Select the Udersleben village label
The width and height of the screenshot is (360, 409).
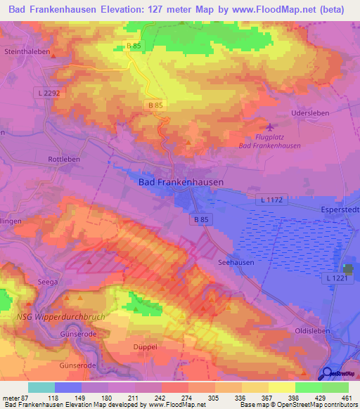pos(309,112)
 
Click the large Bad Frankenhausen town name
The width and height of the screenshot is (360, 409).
pos(181,182)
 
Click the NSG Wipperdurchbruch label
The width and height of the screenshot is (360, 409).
pos(60,316)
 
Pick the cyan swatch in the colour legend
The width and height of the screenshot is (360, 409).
pos(41,387)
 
